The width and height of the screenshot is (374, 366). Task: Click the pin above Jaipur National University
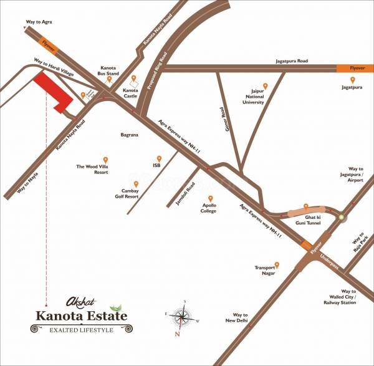click(265, 86)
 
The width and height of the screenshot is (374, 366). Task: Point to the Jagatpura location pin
click(353, 80)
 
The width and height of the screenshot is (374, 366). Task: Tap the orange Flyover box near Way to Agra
click(49, 44)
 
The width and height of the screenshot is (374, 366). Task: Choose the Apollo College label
click(208, 208)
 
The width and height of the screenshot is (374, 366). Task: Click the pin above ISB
click(159, 158)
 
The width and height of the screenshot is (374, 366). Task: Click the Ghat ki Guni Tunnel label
click(305, 218)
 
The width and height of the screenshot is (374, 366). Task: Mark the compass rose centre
click(182, 318)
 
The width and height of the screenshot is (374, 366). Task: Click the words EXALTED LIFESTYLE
click(77, 328)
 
